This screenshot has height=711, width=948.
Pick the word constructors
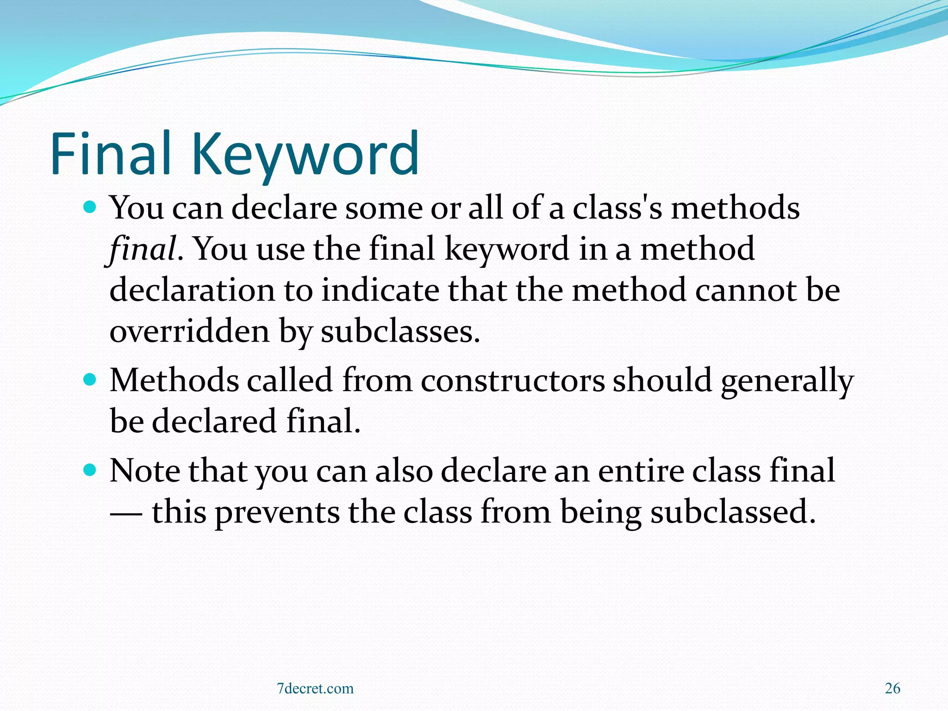tap(512, 380)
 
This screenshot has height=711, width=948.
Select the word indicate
tap(380, 290)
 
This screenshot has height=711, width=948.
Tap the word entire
tap(641, 471)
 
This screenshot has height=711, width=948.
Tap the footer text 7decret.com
tap(315, 688)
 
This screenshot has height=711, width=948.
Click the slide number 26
tap(892, 688)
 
